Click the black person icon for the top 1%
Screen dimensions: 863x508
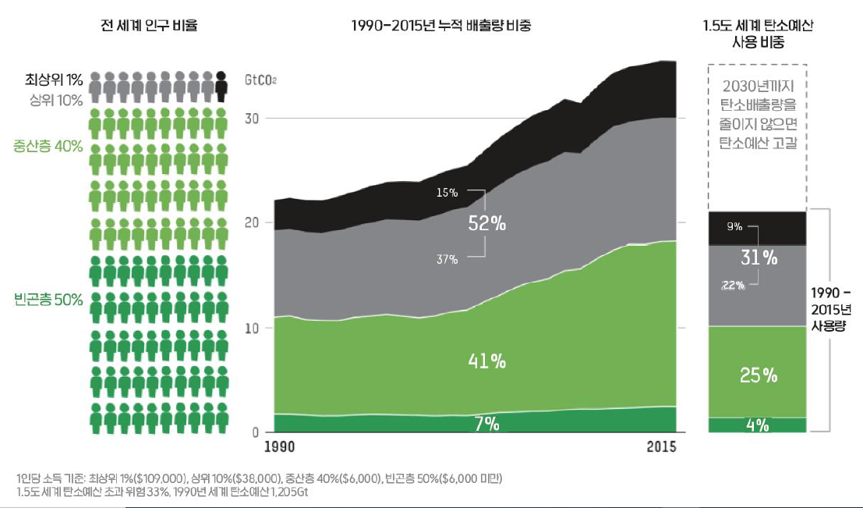[x=221, y=87]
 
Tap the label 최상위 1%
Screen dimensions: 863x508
[x=54, y=80]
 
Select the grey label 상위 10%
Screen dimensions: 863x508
[x=56, y=101]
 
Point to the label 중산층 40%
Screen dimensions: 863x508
[x=48, y=146]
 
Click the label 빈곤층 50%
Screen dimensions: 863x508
[x=48, y=300]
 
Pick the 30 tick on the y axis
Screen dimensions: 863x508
[x=252, y=119]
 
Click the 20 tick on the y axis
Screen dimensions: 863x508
[x=252, y=222]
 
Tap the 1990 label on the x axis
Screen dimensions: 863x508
[x=280, y=446]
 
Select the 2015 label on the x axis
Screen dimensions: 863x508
[x=662, y=446]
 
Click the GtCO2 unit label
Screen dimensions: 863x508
[x=260, y=80]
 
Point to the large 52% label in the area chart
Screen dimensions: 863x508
[x=487, y=223]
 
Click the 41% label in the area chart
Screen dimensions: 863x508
[x=487, y=361]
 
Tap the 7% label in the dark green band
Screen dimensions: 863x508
[x=487, y=424]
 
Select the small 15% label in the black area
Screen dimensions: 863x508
[x=447, y=193]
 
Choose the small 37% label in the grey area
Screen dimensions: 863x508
[x=447, y=259]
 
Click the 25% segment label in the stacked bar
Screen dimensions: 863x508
[x=759, y=375]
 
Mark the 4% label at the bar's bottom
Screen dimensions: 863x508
[x=758, y=425]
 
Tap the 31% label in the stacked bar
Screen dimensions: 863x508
[x=759, y=258]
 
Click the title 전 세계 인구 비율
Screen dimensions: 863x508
[x=149, y=25]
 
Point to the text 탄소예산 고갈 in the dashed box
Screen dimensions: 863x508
[x=758, y=143]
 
